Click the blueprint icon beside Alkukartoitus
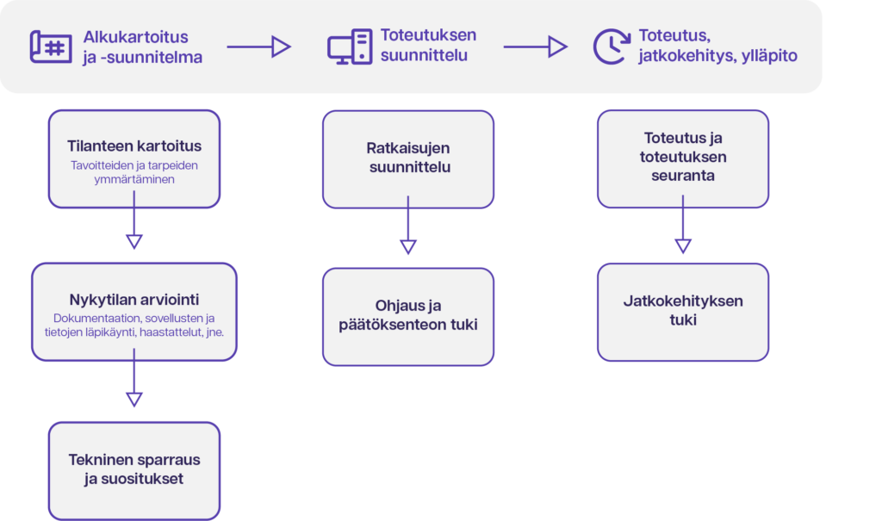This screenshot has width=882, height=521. click(x=51, y=47)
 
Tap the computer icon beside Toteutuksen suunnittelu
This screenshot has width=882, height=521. click(x=350, y=47)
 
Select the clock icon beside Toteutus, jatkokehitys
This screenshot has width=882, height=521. click(x=612, y=47)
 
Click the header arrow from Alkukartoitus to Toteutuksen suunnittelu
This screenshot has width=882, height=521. click(x=258, y=47)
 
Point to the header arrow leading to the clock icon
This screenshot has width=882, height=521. click(x=535, y=47)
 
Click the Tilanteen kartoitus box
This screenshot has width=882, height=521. click(x=134, y=158)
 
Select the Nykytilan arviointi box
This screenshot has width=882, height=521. click(x=134, y=312)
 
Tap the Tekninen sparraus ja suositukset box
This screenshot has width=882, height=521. click(x=134, y=471)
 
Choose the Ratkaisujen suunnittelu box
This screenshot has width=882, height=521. click(x=408, y=159)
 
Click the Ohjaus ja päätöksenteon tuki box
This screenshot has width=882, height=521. click(x=408, y=317)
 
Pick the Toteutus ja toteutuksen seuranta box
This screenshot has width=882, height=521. click(x=683, y=158)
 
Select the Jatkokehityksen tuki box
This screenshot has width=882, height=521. click(x=683, y=313)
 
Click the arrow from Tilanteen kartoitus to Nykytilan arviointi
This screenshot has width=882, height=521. click(x=134, y=220)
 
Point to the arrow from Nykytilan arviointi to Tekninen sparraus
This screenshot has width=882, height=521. click(x=134, y=377)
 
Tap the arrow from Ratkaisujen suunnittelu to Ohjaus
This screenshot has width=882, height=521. click(x=408, y=225)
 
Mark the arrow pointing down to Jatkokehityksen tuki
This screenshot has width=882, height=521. click(x=683, y=225)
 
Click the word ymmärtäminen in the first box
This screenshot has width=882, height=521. click(x=134, y=179)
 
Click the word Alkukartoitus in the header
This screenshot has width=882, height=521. click(x=135, y=37)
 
